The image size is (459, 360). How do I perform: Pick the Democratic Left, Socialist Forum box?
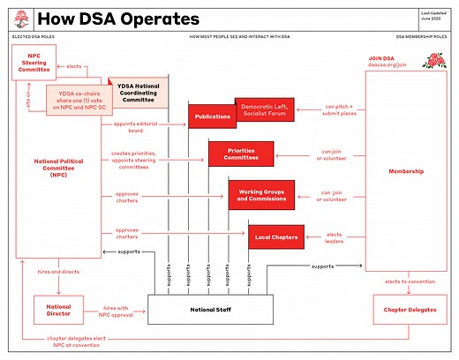264,109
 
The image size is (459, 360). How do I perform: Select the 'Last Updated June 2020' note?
433,17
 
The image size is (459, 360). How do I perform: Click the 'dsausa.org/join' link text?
387,64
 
